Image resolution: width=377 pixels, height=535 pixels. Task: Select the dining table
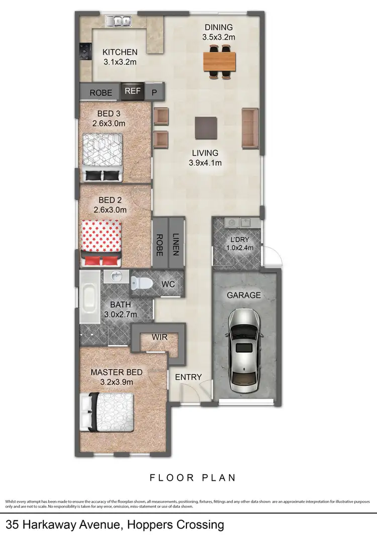click(x=219, y=62)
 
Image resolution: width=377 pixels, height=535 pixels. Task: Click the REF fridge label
click(x=133, y=91)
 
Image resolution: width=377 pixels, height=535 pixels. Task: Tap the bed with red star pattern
click(x=101, y=241)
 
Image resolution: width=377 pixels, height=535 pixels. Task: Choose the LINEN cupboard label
click(x=176, y=244)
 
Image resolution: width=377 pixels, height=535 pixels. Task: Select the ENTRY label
click(x=188, y=377)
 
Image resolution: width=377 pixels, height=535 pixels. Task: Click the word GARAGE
click(x=244, y=295)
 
